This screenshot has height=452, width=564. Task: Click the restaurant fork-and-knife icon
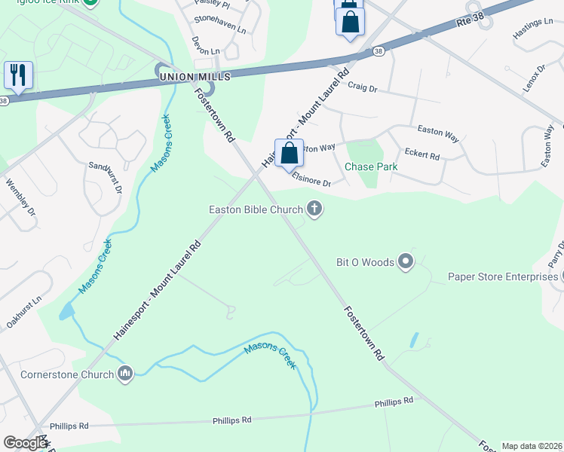(x=17, y=75)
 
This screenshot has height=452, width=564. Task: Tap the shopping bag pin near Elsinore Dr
(x=289, y=153)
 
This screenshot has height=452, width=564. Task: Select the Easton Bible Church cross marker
(x=314, y=209)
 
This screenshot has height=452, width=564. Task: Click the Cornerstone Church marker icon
(x=125, y=373)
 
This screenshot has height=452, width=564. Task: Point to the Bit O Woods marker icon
(x=406, y=262)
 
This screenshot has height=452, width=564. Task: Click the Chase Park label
(x=370, y=166)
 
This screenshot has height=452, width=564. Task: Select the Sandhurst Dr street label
(x=105, y=178)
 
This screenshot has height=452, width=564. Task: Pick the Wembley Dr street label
(x=20, y=194)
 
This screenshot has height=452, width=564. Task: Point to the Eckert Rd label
(x=422, y=154)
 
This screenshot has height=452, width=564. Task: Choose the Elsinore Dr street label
(x=311, y=182)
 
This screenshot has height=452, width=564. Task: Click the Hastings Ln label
(x=532, y=29)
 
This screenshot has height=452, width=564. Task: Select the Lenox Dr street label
(x=536, y=78)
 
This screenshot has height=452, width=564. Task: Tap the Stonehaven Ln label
(x=220, y=28)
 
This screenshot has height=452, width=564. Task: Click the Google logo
(x=25, y=443)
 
